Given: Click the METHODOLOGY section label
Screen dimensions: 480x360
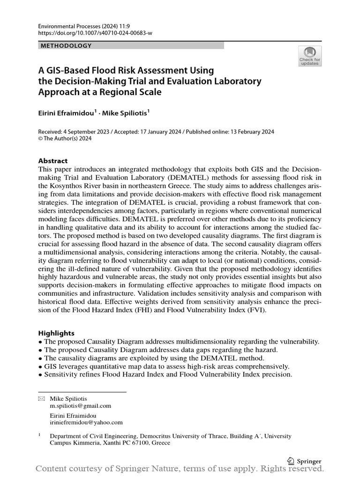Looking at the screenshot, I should [66, 45].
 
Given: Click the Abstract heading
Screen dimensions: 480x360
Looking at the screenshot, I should [53, 160].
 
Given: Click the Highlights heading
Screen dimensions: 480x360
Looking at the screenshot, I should [56, 333].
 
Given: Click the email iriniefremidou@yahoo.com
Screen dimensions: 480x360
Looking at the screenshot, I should [86, 422].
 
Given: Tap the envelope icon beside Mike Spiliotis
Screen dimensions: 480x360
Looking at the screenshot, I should [41, 399].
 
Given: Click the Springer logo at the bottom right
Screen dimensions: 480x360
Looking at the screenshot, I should [304, 461].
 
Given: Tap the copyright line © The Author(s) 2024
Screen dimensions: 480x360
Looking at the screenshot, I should [65, 138].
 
